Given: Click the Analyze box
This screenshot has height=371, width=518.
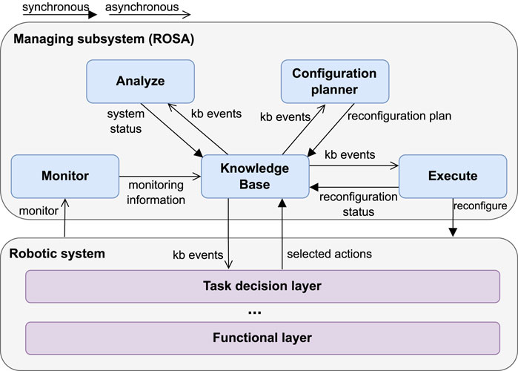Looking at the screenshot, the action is tap(140, 82).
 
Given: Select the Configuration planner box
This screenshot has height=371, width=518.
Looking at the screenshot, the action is tap(335, 82).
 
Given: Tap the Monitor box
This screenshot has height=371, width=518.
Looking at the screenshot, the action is tap(65, 177).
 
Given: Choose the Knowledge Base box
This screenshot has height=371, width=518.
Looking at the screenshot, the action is tap(255, 177).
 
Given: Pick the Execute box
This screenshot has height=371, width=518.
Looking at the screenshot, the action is tap(453, 177).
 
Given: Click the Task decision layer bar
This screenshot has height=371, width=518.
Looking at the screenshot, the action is tap(262, 286).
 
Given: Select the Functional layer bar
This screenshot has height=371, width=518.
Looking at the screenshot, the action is tap(262, 338).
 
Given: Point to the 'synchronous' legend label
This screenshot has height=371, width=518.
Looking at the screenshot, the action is tap(56, 7).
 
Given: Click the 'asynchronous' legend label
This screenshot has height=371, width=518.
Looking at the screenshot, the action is tap(142, 7).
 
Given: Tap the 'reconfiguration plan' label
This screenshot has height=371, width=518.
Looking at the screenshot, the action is tap(399, 116).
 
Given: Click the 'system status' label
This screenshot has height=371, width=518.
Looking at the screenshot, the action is tap(126, 121).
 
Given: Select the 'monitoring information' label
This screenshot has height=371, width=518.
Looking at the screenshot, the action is tap(156, 192).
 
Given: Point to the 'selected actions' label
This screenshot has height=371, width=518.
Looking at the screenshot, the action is tap(329, 254).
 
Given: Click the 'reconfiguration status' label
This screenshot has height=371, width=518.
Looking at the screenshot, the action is tap(359, 204).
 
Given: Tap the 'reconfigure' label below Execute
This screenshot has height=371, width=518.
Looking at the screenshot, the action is tap(480, 206).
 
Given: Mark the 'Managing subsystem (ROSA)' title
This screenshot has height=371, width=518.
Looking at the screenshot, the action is tap(104, 39).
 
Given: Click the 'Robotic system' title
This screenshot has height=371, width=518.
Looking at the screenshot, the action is tap(57, 254).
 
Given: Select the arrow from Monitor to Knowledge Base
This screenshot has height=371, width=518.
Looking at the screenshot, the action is tap(160, 177).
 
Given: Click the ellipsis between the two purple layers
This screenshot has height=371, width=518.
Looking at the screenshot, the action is tap(255, 312).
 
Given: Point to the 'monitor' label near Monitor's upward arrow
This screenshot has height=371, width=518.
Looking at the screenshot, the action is tap(39, 211).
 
